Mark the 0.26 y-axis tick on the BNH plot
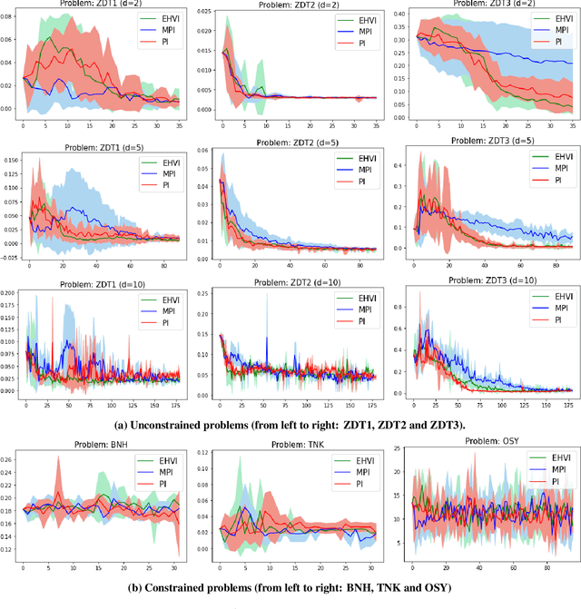click(10, 459)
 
